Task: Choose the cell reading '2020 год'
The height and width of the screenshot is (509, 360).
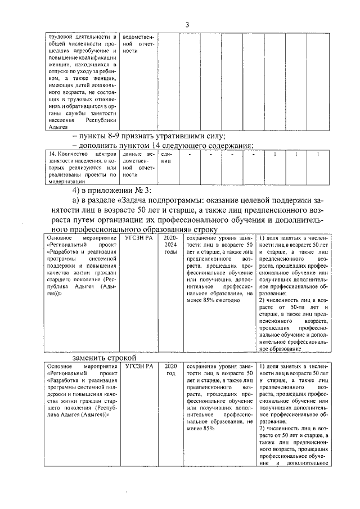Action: coord(170,370)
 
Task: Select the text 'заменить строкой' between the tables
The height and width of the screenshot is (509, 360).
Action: coord(104,358)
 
